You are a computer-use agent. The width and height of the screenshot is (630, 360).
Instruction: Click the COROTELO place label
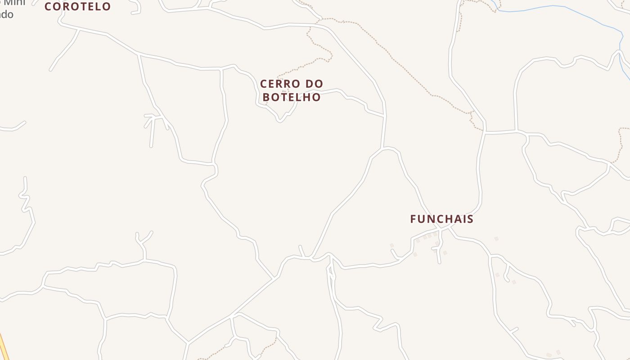77,7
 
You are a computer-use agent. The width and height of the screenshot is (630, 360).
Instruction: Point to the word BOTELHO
292,97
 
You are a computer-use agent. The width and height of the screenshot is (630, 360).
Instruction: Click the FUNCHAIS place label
441,219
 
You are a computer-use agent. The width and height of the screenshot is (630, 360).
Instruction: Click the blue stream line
562,7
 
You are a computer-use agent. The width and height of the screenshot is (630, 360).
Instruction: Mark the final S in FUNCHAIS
470,219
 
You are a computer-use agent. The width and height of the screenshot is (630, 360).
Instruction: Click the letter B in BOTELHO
266,97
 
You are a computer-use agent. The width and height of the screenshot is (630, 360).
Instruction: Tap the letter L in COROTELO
97,7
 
